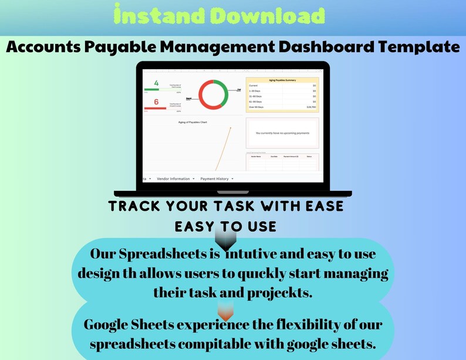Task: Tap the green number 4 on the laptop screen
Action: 156,83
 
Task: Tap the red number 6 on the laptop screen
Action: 156,102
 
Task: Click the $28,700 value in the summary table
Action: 311,107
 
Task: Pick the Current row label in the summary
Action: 254,86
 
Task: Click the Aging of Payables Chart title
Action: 193,122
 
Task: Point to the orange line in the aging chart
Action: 223,153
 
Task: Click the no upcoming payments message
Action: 282,133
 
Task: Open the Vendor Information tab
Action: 173,179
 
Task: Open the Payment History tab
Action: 214,179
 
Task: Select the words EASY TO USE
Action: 225,226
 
